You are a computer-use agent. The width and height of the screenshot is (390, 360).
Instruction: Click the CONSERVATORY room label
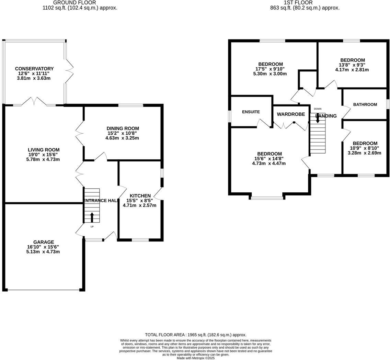click(x=34, y=69)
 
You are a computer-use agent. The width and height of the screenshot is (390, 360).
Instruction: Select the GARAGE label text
click(x=44, y=242)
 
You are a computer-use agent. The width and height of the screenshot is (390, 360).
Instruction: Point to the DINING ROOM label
click(x=123, y=128)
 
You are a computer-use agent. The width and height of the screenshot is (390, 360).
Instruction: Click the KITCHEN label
click(x=140, y=196)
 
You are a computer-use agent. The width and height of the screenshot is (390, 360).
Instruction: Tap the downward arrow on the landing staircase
click(x=318, y=118)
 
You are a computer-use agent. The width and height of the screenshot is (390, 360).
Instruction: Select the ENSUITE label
click(x=251, y=112)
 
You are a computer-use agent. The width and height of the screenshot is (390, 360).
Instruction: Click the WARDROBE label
click(x=291, y=114)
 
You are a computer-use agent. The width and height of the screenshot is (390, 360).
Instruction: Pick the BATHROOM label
click(x=365, y=105)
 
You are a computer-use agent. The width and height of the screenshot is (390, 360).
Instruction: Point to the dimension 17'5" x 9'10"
click(x=270, y=69)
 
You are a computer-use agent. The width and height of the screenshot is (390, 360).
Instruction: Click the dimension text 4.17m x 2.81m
click(x=352, y=70)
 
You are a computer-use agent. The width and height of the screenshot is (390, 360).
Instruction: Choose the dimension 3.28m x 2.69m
click(x=364, y=153)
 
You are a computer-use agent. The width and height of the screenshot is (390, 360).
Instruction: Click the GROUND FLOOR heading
click(x=79, y=2)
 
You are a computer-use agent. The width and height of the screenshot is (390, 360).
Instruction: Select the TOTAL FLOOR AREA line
click(x=195, y=335)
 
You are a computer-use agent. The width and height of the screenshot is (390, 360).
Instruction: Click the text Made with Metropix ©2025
click(x=195, y=358)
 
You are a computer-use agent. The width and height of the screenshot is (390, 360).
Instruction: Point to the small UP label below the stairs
click(x=92, y=227)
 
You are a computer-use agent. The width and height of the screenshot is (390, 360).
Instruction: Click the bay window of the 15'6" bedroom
click(x=267, y=198)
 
